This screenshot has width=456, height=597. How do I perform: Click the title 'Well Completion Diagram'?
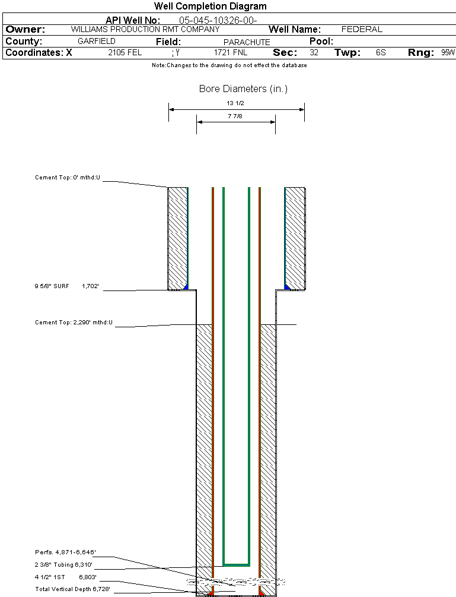[x=210, y=7]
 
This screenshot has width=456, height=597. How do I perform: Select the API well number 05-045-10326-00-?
[x=218, y=20]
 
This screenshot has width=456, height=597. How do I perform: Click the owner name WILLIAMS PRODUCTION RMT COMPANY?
[x=145, y=29]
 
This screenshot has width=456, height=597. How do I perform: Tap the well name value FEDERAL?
[x=362, y=29]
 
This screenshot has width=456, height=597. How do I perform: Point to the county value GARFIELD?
[x=97, y=42]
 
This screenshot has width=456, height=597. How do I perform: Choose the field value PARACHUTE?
[x=247, y=42]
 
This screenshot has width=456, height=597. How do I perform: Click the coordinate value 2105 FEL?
[x=125, y=53]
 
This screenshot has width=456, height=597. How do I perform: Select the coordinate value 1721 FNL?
[x=231, y=53]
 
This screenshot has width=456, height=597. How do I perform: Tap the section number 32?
[x=314, y=53]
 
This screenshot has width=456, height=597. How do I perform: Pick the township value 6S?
[x=381, y=53]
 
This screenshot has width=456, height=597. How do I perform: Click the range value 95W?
[x=448, y=53]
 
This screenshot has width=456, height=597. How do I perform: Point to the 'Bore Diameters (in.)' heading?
[x=243, y=89]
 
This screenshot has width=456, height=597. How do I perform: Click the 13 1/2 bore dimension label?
[x=235, y=103]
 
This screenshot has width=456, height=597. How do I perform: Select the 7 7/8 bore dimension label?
[x=235, y=116]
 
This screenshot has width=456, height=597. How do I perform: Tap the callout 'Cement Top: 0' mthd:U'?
[x=68, y=177]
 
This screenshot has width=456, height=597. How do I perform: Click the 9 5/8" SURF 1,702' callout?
[x=66, y=286]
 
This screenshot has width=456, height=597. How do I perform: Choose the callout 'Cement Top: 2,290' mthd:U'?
[x=74, y=323]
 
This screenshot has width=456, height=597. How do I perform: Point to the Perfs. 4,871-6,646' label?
[x=63, y=552]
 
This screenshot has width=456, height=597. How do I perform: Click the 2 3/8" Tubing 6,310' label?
[x=63, y=564]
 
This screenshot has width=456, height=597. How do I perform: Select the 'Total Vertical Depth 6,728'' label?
[x=72, y=589]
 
